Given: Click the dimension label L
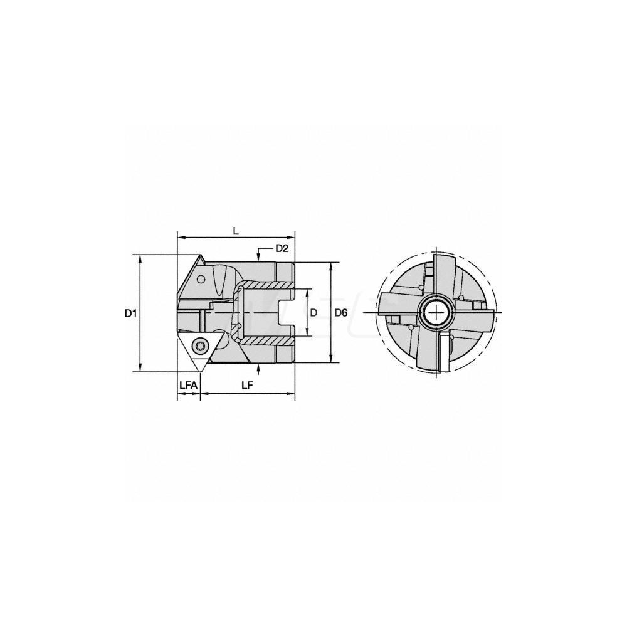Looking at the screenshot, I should coord(235,231).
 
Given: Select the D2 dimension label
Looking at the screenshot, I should coord(282,249).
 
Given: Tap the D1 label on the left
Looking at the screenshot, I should coord(130,313).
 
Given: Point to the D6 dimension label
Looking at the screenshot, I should coord(341,312).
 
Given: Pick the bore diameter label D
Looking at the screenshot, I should coord(313,312).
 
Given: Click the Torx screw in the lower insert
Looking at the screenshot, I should coord(201,344).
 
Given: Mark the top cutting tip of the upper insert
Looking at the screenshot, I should coord(202,255).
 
